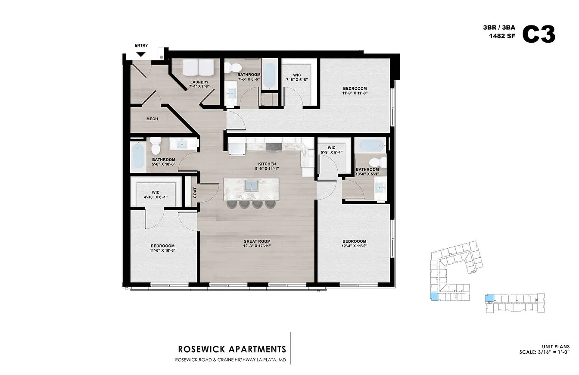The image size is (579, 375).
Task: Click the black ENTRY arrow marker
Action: [x=141, y=54]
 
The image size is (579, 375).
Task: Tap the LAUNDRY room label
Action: [x=199, y=82]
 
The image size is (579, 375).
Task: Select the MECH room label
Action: [x=152, y=119]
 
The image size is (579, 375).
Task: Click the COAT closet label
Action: [x=195, y=193]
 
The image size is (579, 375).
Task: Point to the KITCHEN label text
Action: [x=267, y=164]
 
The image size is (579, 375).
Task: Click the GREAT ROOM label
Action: [x=257, y=241]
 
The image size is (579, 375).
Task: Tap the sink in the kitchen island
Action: [x=252, y=185]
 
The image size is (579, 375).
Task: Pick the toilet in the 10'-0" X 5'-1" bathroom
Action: [x=378, y=162]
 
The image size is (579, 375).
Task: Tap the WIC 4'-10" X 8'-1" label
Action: [x=156, y=195]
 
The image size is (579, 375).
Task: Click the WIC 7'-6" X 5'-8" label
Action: [x=297, y=77]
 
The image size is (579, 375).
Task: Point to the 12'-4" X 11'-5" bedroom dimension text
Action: [x=355, y=246]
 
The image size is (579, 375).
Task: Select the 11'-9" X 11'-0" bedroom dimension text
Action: [x=355, y=93]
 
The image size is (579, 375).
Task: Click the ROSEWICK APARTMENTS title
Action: [x=232, y=349]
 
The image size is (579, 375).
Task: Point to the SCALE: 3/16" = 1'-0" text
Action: [x=545, y=352]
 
